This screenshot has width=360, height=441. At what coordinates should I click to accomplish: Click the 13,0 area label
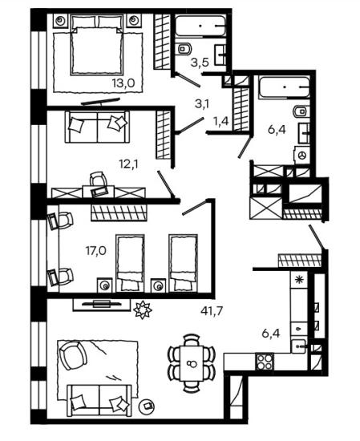click(123, 83)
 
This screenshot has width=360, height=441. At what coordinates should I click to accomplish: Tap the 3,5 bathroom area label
click(200, 63)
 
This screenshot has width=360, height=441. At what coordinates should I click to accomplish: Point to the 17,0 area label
click(96, 250)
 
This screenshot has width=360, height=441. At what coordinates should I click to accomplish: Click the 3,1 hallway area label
click(202, 104)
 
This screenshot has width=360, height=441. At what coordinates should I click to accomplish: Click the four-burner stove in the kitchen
click(265, 362)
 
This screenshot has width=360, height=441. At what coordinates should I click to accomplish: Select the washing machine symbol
click(302, 155)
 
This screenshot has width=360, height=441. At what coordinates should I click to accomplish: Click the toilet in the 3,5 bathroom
click(184, 49)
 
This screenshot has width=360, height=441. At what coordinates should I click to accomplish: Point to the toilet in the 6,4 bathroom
click(301, 111)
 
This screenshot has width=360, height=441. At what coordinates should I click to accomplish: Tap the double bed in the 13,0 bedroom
click(97, 45)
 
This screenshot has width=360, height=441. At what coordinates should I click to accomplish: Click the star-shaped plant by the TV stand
click(143, 310)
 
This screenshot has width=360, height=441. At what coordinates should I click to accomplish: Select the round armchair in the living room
click(72, 354)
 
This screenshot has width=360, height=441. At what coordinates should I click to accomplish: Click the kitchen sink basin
click(298, 346)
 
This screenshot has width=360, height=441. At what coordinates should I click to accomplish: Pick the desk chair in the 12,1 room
click(99, 183)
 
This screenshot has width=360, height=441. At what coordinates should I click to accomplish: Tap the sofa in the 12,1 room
click(97, 127)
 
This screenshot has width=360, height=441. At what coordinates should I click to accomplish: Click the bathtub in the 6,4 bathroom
click(285, 87)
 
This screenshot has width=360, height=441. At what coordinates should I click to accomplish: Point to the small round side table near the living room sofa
click(148, 406)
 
